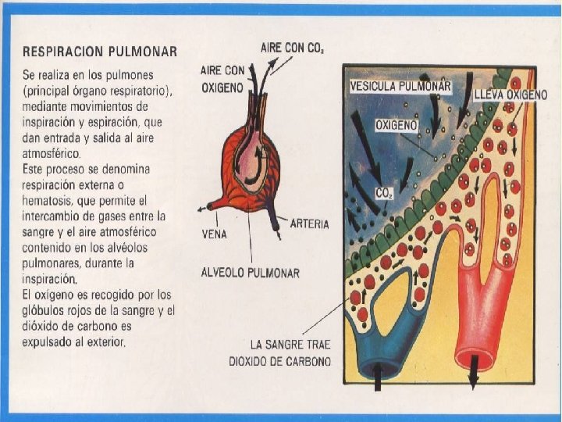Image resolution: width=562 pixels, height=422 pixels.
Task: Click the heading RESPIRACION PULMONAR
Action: tap(100, 52)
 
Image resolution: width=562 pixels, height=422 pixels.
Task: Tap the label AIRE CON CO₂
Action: tap(293, 48)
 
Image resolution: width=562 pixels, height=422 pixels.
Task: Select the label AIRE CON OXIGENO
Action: tap(223, 79)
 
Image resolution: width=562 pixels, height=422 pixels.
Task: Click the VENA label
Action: tap(215, 234)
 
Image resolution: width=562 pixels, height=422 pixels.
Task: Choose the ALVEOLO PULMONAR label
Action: tap(251, 273)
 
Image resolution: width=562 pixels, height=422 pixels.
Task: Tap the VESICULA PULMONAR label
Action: tap(401, 86)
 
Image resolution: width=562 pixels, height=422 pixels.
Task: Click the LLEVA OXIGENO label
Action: tap(510, 95)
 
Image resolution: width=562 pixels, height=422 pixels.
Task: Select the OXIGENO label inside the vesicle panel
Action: tap(397, 125)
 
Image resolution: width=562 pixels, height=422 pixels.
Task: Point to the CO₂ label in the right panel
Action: tap(384, 192)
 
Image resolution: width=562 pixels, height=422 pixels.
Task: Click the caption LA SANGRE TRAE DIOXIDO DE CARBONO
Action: tap(280, 352)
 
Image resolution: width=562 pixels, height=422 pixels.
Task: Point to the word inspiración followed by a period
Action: tap(48, 278)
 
